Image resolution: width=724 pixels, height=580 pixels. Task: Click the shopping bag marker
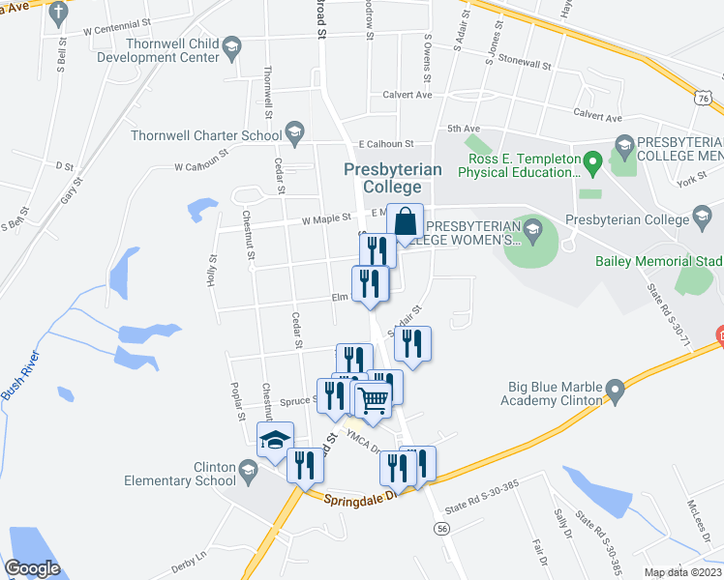(x=406, y=221)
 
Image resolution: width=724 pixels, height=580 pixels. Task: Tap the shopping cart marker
(x=373, y=398)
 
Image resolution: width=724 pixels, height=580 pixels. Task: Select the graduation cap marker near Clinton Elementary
(x=275, y=440)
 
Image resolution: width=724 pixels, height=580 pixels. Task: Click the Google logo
(x=32, y=567)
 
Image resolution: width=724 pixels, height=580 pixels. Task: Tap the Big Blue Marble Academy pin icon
(x=614, y=391)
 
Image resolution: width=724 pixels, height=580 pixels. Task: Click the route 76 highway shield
(x=704, y=98)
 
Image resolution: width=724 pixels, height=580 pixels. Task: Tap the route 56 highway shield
(x=441, y=529)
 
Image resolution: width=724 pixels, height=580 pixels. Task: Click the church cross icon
(x=59, y=13)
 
